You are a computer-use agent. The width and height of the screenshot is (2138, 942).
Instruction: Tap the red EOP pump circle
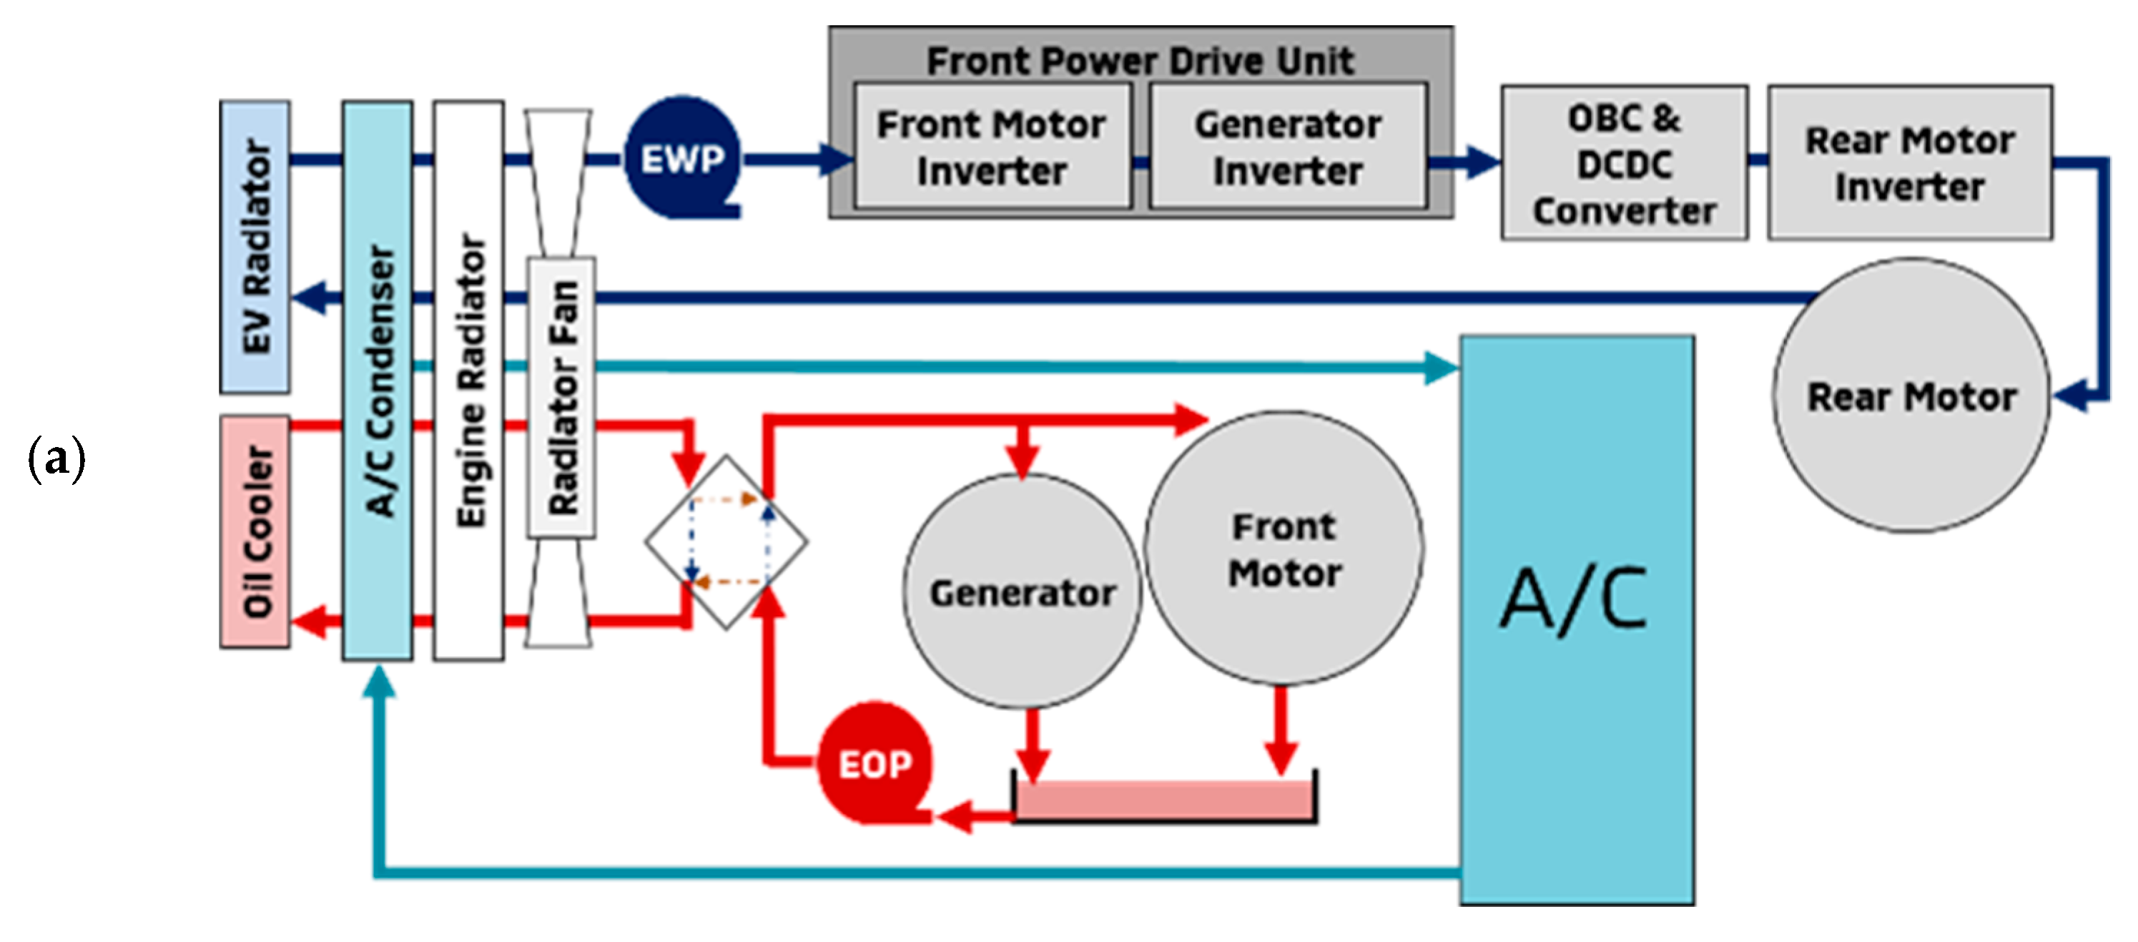tap(875, 762)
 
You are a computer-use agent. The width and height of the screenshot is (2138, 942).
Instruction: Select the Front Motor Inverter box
tap(992, 145)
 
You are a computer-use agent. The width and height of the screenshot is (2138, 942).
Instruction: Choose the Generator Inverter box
tap(1288, 145)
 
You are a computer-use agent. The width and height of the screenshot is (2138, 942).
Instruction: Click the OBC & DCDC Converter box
tap(1625, 162)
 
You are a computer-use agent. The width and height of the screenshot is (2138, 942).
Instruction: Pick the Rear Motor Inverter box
tap(1910, 162)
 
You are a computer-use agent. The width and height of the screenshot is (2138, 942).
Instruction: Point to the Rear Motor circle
tap(1911, 395)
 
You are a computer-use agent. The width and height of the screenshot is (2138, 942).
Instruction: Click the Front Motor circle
tap(1284, 548)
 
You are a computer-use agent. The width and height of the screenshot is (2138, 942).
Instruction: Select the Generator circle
tap(1023, 591)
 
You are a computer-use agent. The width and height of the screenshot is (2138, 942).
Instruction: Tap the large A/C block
tap(1577, 620)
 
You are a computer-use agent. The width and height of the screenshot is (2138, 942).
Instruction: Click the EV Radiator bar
tap(255, 247)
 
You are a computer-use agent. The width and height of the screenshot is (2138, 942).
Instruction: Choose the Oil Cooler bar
tap(255, 531)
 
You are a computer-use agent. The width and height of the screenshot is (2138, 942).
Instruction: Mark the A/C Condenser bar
tap(378, 381)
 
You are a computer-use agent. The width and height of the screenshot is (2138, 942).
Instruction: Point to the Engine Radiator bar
tap(469, 381)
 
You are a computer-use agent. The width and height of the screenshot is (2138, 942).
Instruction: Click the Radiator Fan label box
tap(562, 398)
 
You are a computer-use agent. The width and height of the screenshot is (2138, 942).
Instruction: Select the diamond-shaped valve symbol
tap(726, 541)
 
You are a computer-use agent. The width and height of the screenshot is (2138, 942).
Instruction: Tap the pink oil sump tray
tap(1164, 799)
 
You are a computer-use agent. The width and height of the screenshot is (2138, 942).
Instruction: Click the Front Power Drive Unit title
tap(1141, 60)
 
